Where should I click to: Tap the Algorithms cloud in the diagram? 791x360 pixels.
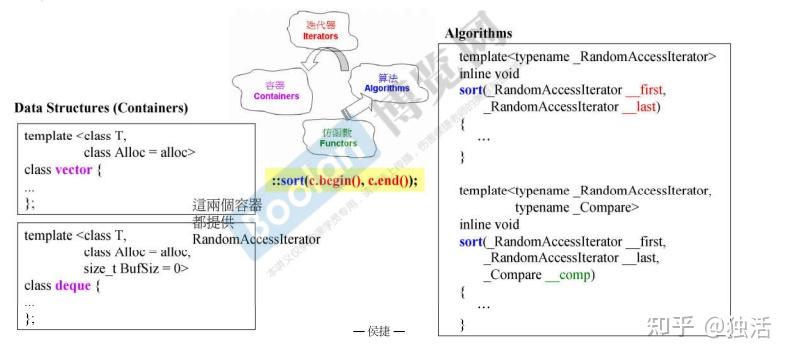(384, 82)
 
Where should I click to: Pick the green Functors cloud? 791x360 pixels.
(338, 137)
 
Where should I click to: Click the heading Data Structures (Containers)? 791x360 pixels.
(101, 107)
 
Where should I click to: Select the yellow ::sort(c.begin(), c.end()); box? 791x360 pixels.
(345, 180)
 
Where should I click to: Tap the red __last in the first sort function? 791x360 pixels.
(640, 106)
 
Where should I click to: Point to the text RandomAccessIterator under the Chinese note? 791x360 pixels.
(256, 240)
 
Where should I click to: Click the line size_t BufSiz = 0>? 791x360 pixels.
(136, 268)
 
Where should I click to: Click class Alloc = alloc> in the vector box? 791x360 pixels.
(139, 152)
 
